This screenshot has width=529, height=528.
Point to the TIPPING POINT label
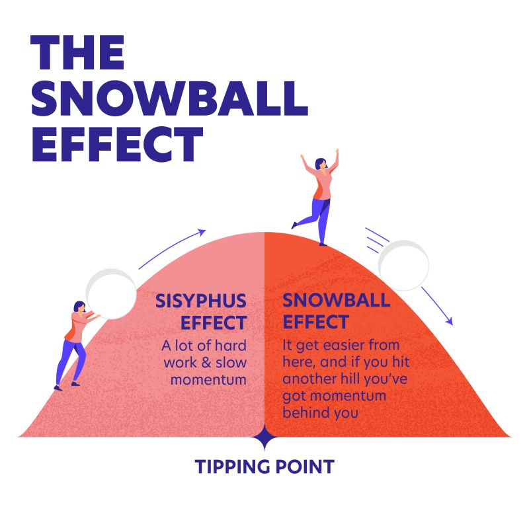tap(264, 467)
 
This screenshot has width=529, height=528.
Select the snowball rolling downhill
tap(403, 266)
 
